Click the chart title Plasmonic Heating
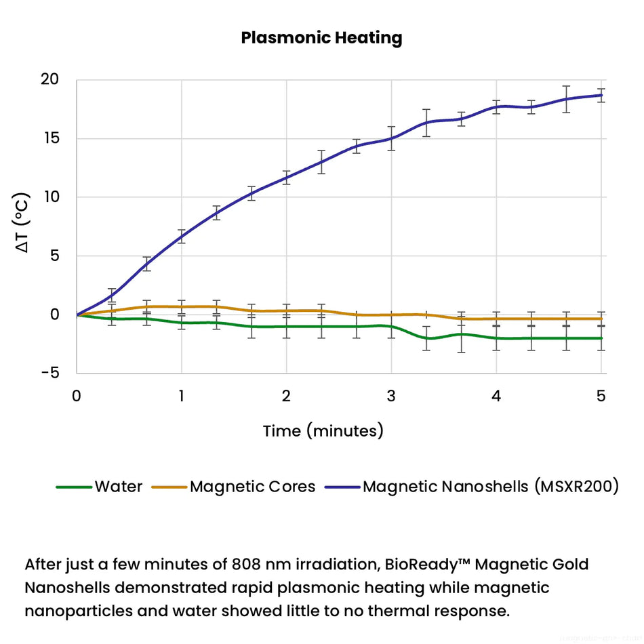[x=321, y=38]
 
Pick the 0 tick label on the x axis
[x=77, y=396]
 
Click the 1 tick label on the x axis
[x=182, y=396]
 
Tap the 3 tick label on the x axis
[x=391, y=396]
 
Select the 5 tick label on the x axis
[x=601, y=396]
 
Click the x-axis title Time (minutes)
[x=323, y=430]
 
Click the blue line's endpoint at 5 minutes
[x=601, y=95]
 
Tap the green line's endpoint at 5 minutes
[x=601, y=338]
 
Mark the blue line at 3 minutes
[x=391, y=138]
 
